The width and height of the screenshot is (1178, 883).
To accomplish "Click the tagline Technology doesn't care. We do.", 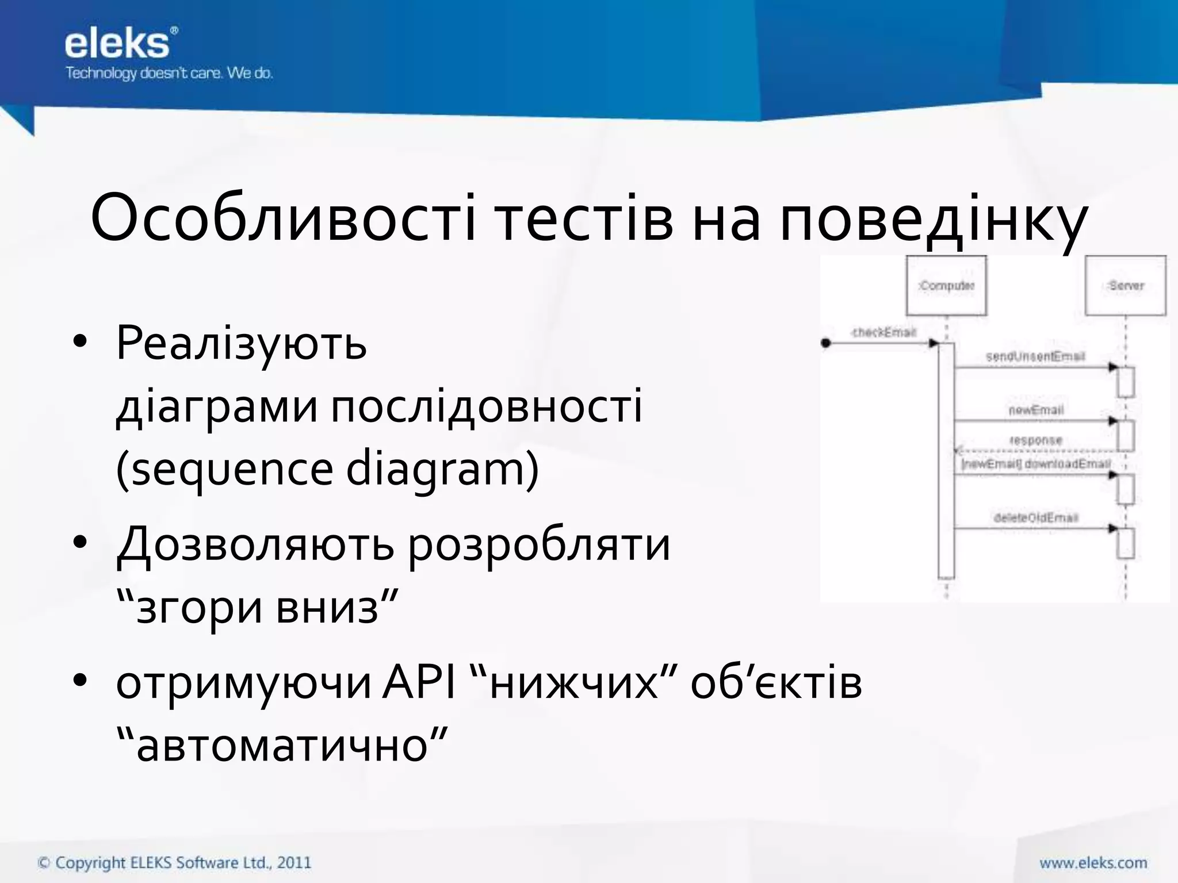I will (x=169, y=74).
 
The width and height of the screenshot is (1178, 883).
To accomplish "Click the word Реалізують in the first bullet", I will (x=241, y=343).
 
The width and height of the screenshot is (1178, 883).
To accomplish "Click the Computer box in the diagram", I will (x=946, y=286).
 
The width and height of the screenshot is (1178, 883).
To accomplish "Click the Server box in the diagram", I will (x=1126, y=286).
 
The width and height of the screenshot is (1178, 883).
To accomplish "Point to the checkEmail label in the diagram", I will (x=883, y=332).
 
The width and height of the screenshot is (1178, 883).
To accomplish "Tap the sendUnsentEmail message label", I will (x=1035, y=356).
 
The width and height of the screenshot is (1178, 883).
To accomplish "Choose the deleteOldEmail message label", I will (x=1035, y=517).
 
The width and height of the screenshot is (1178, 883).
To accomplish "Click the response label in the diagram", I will (x=1035, y=440).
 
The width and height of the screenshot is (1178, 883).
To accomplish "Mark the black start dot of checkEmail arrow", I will (x=826, y=343).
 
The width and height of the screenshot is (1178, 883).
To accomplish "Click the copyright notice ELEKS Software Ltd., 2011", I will (x=174, y=862).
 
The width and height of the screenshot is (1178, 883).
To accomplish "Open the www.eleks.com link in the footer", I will (x=1093, y=862).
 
